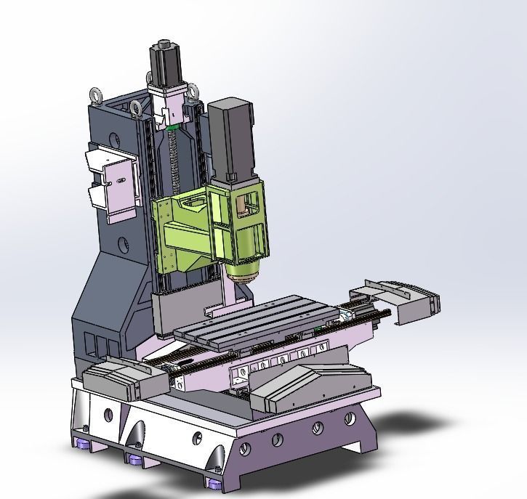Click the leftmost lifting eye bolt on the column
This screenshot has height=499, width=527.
(x=94, y=94)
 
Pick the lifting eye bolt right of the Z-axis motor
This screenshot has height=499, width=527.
(x=193, y=92)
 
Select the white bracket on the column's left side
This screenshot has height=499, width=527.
(x=113, y=182)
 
